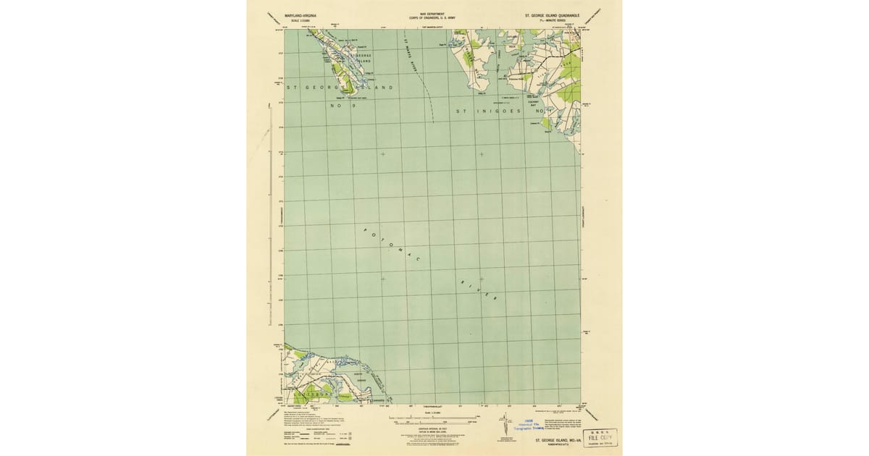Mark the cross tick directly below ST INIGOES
tap(481, 154)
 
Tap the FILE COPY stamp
tap(600, 439)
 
